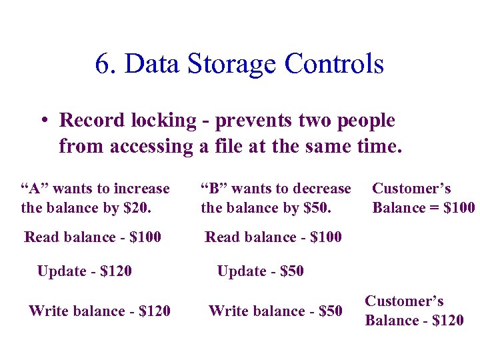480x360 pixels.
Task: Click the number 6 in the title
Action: tap(102, 65)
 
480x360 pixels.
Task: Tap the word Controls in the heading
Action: tap(334, 65)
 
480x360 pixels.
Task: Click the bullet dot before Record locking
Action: tap(41, 121)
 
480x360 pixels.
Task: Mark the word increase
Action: tap(141, 189)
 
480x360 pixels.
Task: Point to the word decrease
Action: tap(322, 189)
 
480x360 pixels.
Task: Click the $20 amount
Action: tap(136, 208)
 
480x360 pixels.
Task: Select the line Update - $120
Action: tap(85, 271)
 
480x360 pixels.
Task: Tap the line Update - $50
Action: tap(260, 271)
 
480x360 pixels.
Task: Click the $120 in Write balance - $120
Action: tap(154, 311)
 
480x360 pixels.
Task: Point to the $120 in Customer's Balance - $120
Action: tap(447, 321)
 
